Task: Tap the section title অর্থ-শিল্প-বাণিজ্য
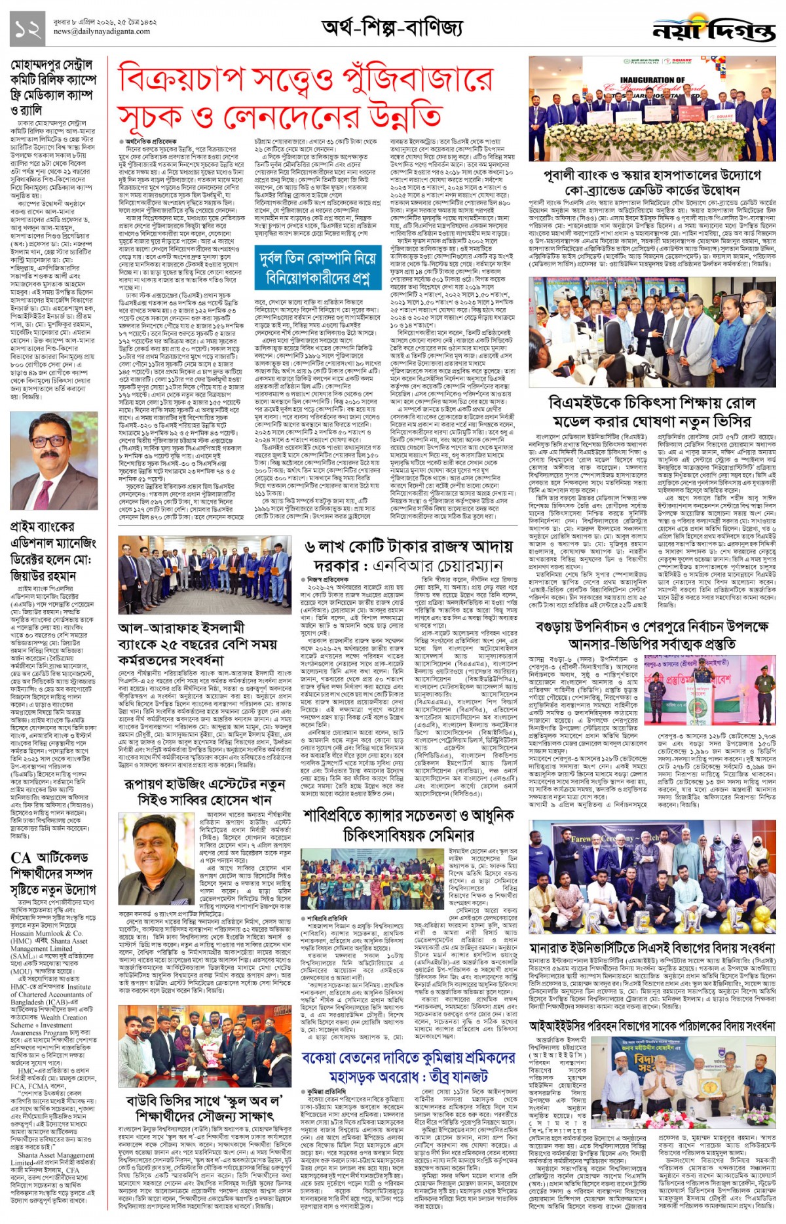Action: pyautogui.click(x=392, y=28)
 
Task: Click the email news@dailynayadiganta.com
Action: pyautogui.click(x=102, y=31)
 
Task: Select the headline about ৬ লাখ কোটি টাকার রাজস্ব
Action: pyautogui.click(x=403, y=556)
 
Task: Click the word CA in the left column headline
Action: pyautogui.click(x=20, y=858)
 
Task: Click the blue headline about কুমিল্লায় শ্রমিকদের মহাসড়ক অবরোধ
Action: pyautogui.click(x=408, y=1067)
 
